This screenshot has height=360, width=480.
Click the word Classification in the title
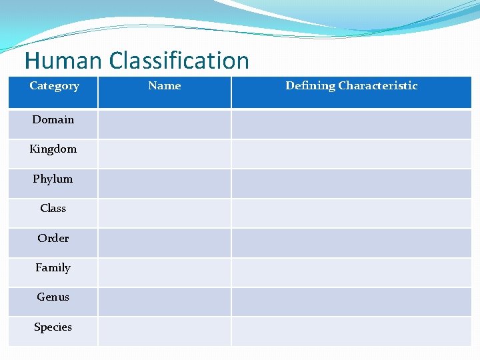[x=179, y=61]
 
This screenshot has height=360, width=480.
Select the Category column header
[x=54, y=86]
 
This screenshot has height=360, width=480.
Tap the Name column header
[x=164, y=86]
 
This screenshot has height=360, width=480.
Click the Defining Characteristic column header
[x=351, y=86]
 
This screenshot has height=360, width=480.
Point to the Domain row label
[x=53, y=120]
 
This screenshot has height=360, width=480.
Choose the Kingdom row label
[x=53, y=149]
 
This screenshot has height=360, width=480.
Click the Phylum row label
[x=53, y=179]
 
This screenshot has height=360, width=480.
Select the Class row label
[x=53, y=209]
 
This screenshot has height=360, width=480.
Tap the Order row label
[x=53, y=239]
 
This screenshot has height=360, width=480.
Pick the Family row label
[x=53, y=268]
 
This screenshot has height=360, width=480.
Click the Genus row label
[x=53, y=297]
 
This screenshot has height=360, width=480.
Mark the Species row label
[x=53, y=327]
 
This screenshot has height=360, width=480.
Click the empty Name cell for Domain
[x=164, y=124]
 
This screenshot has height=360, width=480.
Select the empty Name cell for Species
[x=164, y=331]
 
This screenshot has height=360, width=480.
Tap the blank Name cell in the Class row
[x=164, y=213]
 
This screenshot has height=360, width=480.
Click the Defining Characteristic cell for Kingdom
[x=351, y=153]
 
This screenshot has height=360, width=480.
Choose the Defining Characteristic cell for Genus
[x=351, y=301]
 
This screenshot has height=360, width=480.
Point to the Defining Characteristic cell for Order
[x=351, y=243]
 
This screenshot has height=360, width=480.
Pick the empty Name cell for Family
[x=164, y=272]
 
